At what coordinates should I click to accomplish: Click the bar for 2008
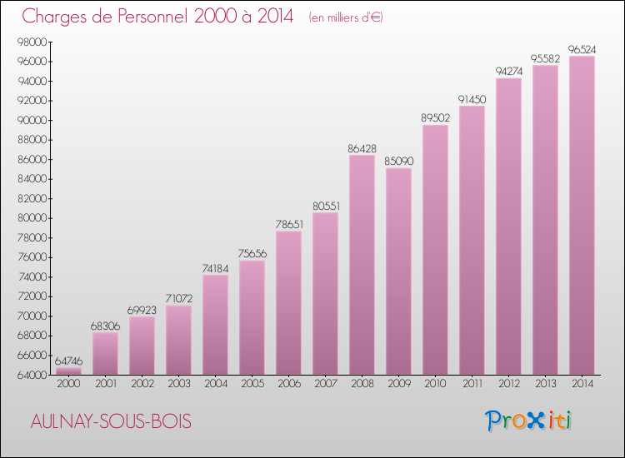[362, 265]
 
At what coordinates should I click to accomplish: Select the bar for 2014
[582, 215]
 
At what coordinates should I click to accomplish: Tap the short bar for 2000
[68, 371]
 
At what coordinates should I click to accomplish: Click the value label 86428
[362, 148]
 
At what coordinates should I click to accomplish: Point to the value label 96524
[582, 50]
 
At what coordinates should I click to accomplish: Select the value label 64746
[68, 361]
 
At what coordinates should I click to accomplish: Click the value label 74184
[215, 268]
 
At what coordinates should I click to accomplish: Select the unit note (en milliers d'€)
[345, 17]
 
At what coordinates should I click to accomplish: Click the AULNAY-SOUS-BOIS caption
[107, 422]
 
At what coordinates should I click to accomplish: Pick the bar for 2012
[508, 226]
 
